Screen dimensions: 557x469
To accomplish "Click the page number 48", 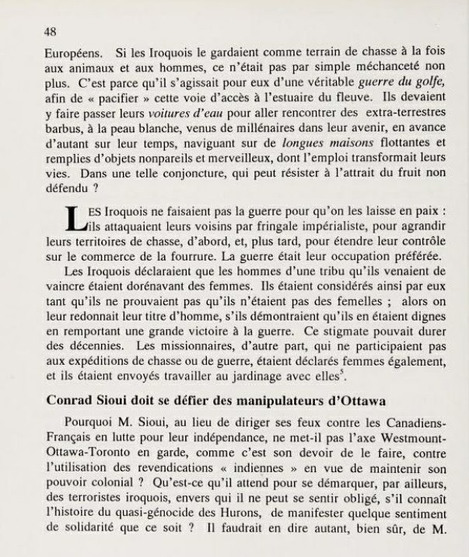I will (x=52, y=32).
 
